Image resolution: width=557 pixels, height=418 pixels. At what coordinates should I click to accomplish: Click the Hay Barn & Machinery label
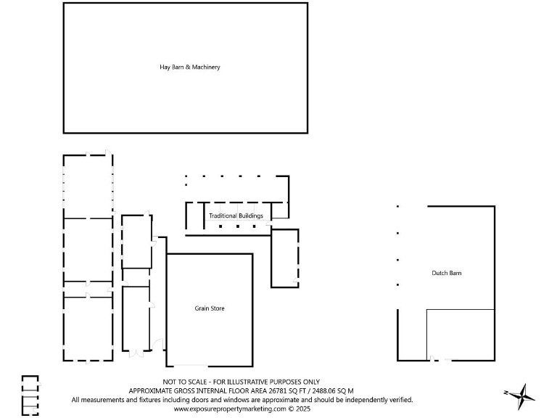(189, 67)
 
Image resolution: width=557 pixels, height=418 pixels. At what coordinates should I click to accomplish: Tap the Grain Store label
(209, 308)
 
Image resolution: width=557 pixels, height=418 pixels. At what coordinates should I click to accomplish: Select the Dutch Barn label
(446, 273)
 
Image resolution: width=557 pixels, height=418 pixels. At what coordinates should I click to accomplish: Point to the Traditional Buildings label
(236, 216)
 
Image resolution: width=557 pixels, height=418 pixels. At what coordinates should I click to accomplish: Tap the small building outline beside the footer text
(30, 396)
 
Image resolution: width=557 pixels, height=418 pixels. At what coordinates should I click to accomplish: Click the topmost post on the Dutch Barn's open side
(397, 207)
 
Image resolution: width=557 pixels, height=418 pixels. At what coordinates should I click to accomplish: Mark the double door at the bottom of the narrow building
(136, 353)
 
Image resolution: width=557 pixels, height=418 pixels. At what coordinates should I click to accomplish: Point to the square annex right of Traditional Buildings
(284, 258)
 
